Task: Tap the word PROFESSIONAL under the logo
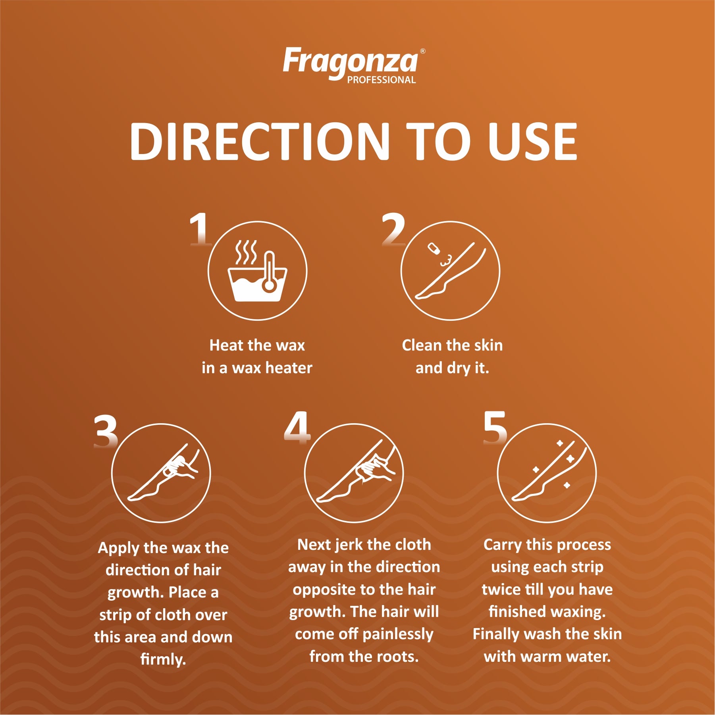click(x=382, y=80)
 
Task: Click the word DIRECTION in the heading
click(x=260, y=141)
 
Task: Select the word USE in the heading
click(x=532, y=141)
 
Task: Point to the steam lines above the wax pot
click(x=246, y=252)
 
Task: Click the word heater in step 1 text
click(x=289, y=368)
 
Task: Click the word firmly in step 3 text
click(x=163, y=659)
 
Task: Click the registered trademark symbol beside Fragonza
click(x=423, y=51)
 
